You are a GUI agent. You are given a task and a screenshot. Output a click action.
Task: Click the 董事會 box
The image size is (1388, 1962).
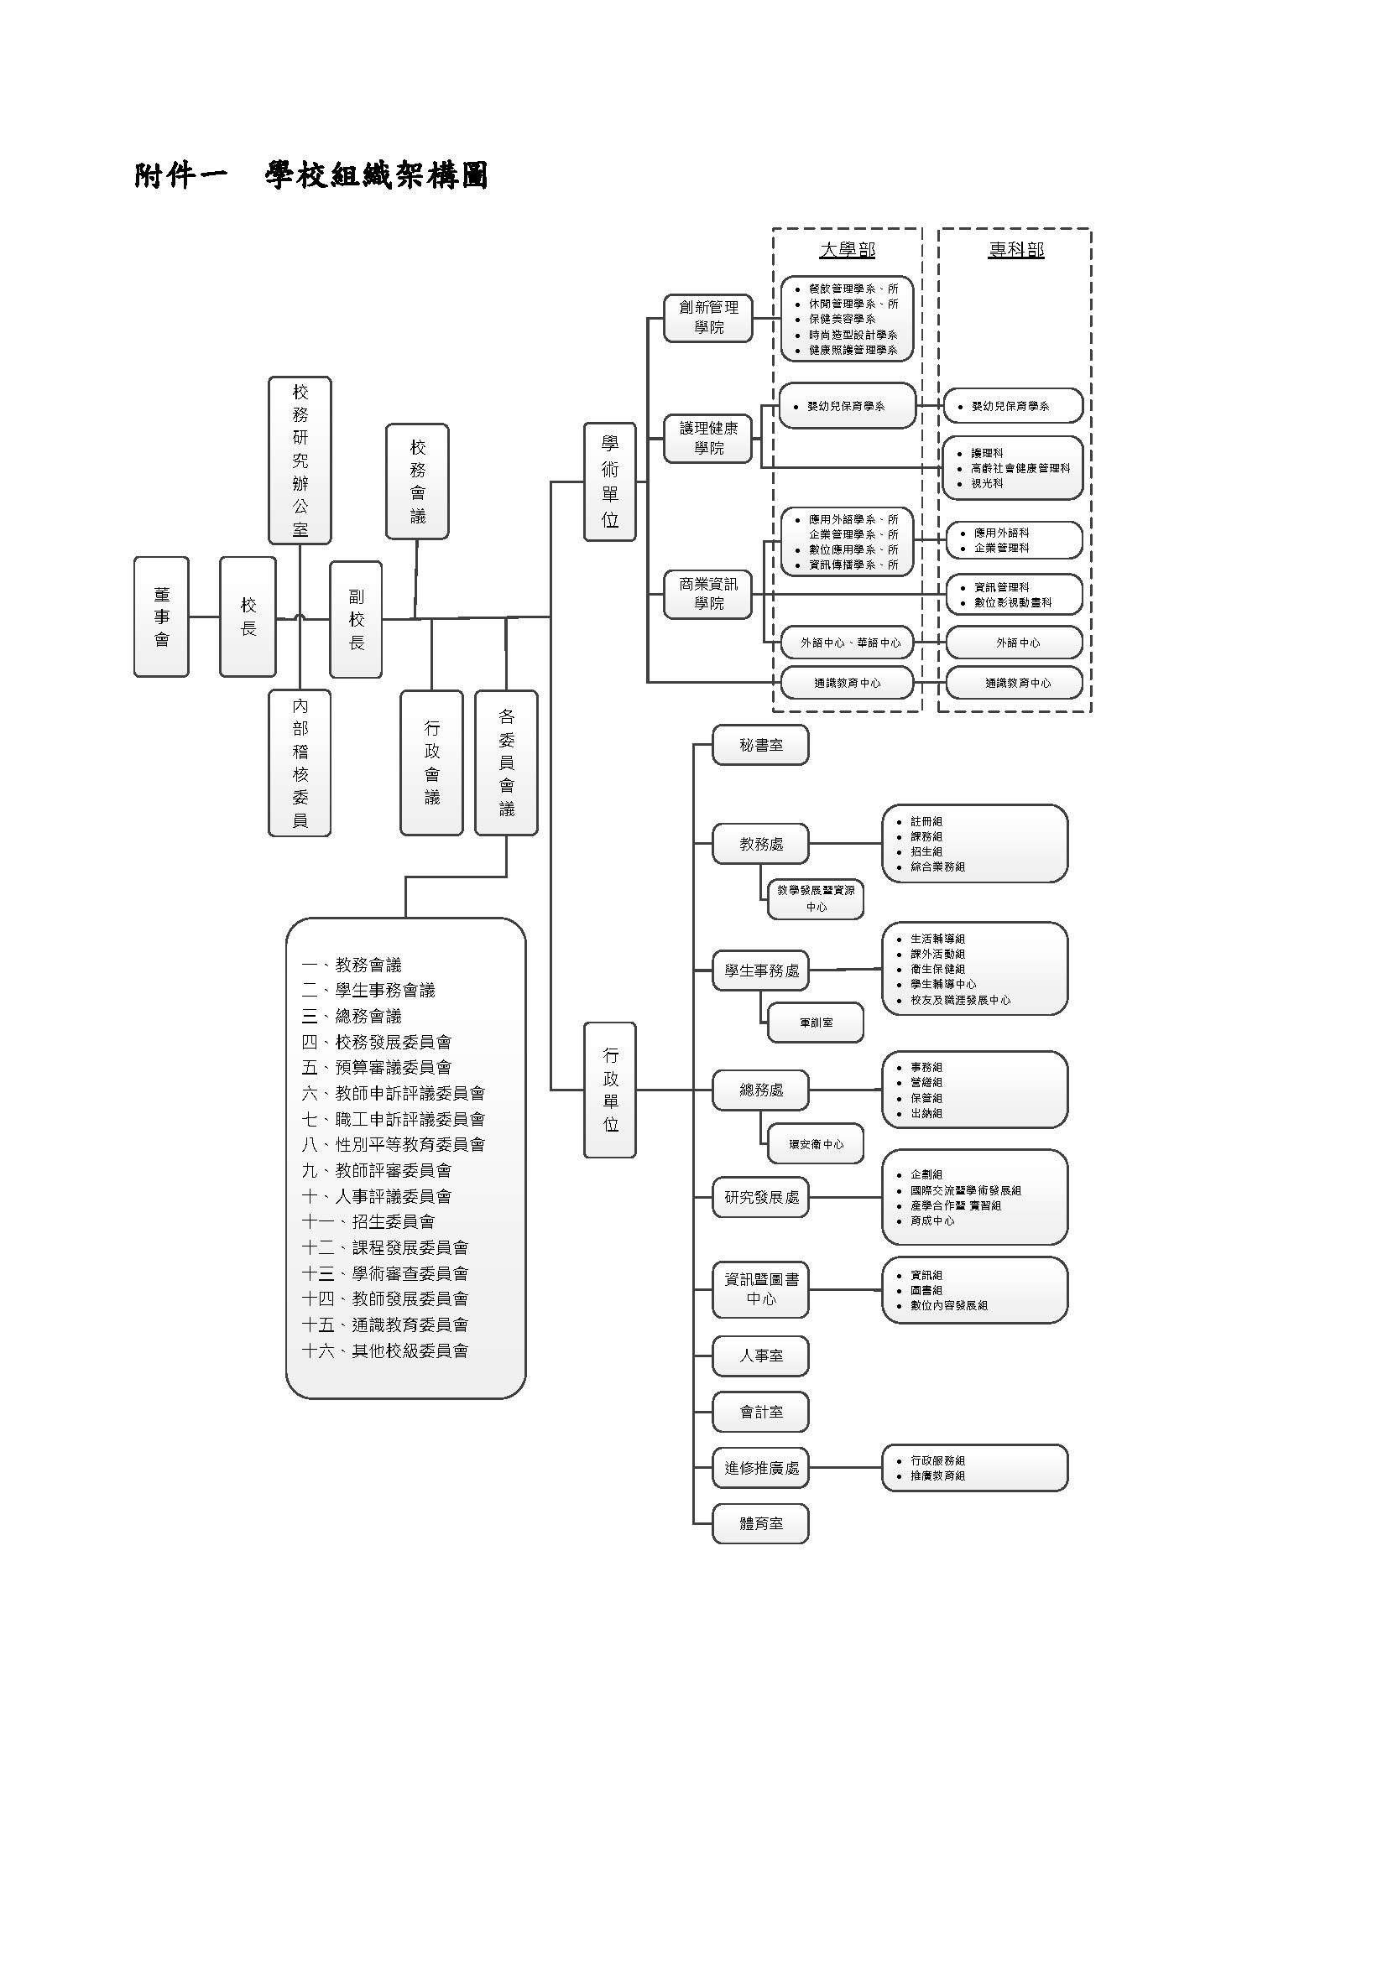(160, 617)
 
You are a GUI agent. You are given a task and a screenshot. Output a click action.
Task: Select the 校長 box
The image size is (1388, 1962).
(248, 617)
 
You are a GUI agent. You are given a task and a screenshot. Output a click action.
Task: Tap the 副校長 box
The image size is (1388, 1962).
(356, 620)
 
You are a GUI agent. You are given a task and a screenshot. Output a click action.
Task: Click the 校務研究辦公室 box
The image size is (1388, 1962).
(300, 460)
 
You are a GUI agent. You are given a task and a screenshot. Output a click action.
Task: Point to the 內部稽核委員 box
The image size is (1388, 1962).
(300, 762)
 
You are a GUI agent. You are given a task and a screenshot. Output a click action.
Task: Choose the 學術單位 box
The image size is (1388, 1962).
(609, 481)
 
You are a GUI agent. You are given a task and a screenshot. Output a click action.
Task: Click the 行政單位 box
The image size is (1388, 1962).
(610, 1090)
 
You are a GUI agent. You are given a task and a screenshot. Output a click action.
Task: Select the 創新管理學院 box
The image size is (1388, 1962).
(708, 317)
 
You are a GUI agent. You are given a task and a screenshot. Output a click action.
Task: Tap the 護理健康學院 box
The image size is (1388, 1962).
(708, 438)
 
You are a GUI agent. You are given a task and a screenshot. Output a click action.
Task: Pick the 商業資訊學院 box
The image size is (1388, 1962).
(708, 593)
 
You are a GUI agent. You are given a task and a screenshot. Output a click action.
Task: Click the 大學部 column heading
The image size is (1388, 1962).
(847, 249)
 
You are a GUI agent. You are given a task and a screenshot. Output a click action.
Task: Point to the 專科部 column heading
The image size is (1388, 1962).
(1016, 249)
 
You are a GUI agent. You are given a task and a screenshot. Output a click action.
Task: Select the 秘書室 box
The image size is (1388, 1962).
(760, 745)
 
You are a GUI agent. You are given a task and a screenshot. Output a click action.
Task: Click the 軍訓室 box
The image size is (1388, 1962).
(816, 1022)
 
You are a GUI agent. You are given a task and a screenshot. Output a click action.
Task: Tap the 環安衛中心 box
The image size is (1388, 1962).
(816, 1144)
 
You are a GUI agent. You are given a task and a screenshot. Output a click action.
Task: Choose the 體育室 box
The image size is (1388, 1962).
(760, 1522)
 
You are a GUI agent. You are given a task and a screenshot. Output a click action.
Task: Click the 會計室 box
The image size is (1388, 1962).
(760, 1412)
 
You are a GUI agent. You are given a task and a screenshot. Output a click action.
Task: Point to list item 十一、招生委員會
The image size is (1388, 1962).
(368, 1221)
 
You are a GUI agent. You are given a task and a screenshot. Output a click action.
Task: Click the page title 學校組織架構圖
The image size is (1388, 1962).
(376, 176)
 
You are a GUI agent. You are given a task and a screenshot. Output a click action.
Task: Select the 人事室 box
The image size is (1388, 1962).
(760, 1356)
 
